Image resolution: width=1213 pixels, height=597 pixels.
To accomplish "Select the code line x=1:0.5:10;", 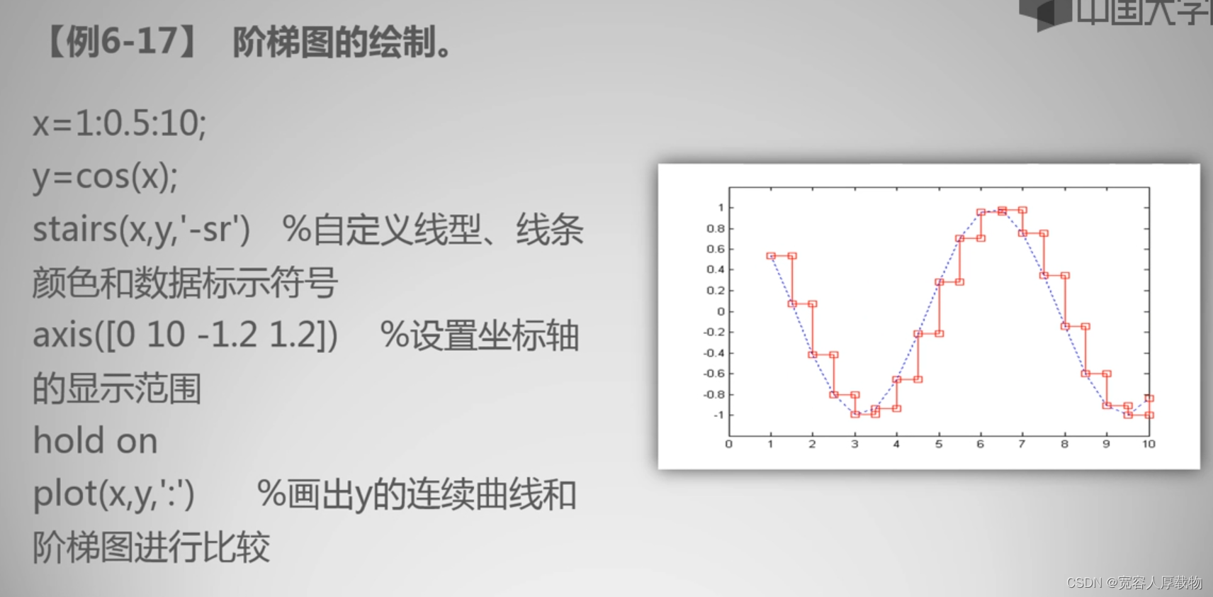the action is tap(120, 123).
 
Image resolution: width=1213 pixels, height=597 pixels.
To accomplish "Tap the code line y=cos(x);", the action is tap(105, 177).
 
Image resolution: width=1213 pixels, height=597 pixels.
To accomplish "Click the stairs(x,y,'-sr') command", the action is tap(141, 229).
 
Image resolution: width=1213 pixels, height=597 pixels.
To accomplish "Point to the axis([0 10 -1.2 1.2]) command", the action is tap(185, 335).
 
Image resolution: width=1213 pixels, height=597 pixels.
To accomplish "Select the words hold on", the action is tap(96, 440).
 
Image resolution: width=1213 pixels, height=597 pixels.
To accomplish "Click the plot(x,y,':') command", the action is tap(113, 494).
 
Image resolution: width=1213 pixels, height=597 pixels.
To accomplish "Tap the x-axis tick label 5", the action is tap(939, 445).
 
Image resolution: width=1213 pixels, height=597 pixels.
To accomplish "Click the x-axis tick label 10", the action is tap(1149, 445).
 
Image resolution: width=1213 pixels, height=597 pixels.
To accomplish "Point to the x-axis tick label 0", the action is tap(729, 445).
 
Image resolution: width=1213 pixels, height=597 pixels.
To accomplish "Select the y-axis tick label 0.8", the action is tap(716, 228).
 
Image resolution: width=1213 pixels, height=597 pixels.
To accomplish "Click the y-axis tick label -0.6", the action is tap(713, 374).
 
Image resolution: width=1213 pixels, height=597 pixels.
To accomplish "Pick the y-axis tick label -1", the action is tap(718, 415).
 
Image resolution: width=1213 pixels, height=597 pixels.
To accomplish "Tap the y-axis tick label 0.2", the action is tap(716, 291).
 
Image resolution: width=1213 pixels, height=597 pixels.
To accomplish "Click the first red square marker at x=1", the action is tap(771, 256).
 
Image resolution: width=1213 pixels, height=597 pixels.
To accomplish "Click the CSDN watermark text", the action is tap(1134, 582).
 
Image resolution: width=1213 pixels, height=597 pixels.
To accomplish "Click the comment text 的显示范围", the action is tap(117, 388).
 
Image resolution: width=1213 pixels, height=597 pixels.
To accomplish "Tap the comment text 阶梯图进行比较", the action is tap(151, 547).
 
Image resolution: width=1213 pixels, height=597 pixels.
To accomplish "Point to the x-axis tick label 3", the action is tap(854, 445).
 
